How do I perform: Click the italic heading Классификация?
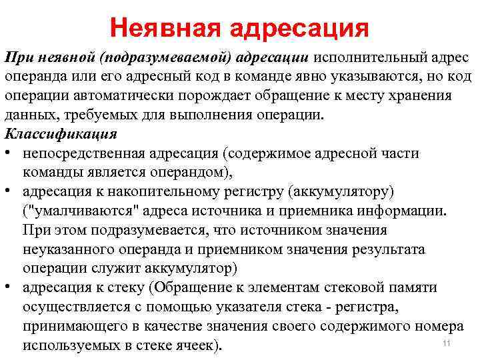tap(51, 131)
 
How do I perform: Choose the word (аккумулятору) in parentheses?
tap(339, 192)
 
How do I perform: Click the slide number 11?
tap(447, 343)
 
